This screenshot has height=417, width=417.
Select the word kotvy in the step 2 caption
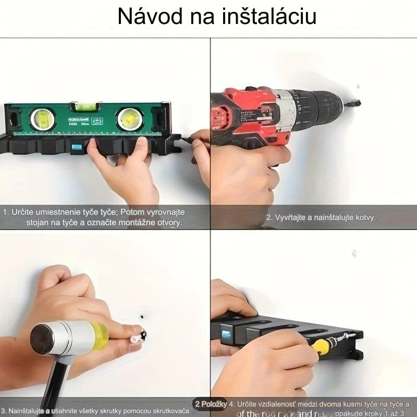pos(365,217)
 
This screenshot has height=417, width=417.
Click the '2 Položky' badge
pos(210,404)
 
